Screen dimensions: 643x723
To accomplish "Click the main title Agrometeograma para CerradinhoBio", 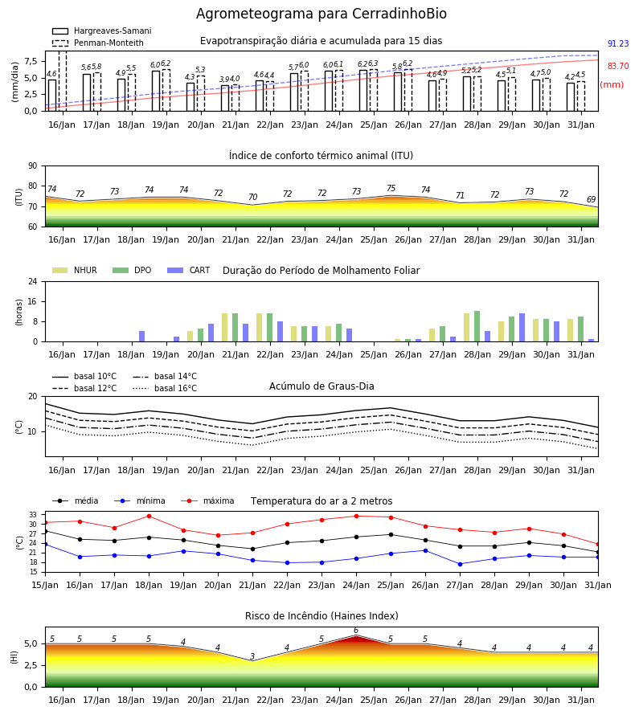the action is [321, 14].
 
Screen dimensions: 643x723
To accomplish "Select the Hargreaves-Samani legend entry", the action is [102, 31].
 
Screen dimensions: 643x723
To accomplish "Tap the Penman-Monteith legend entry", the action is [98, 43].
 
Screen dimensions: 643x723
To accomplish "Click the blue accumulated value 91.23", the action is [618, 44].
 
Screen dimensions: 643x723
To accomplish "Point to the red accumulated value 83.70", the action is [618, 66].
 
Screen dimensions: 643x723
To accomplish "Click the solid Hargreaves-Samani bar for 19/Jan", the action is [156, 91].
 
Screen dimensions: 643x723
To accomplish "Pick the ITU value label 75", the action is [391, 188].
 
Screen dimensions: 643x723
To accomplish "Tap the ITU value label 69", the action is [591, 199].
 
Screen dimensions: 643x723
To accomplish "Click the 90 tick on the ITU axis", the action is [33, 166].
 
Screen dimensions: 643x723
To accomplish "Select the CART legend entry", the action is [189, 270].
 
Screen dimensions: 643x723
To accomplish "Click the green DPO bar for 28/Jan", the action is [477, 326].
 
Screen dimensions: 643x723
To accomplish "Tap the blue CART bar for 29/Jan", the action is [522, 328].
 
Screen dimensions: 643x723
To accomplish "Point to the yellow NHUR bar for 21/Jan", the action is [224, 328].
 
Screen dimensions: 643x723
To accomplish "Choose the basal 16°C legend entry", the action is [165, 388].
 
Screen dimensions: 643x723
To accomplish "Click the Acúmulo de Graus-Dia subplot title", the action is [321, 386].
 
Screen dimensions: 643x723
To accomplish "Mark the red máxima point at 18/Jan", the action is [149, 516].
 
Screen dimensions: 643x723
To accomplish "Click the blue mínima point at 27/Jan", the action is [460, 564].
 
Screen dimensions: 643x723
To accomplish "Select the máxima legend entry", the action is [207, 500].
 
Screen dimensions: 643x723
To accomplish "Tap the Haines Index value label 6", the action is [355, 631].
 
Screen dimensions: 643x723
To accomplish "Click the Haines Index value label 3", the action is [252, 656].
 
